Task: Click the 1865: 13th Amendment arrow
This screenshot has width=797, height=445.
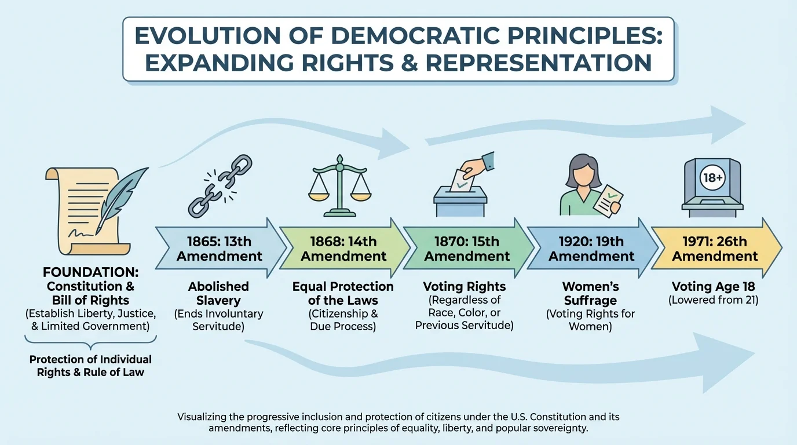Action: tap(220, 249)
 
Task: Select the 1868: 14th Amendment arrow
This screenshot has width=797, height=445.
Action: tap(343, 249)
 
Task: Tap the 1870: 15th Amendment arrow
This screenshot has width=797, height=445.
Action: tap(467, 249)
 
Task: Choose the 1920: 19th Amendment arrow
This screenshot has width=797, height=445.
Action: tap(591, 249)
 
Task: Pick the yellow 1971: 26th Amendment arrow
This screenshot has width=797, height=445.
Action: tap(715, 249)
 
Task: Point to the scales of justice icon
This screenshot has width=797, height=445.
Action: tap(339, 184)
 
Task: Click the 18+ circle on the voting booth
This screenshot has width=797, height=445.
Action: tap(712, 178)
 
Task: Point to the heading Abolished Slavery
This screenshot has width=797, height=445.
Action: tap(218, 293)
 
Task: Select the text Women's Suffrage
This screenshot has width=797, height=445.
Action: tap(590, 293)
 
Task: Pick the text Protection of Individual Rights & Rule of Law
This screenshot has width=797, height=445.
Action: tap(90, 366)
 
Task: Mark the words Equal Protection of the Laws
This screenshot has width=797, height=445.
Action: tap(343, 293)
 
